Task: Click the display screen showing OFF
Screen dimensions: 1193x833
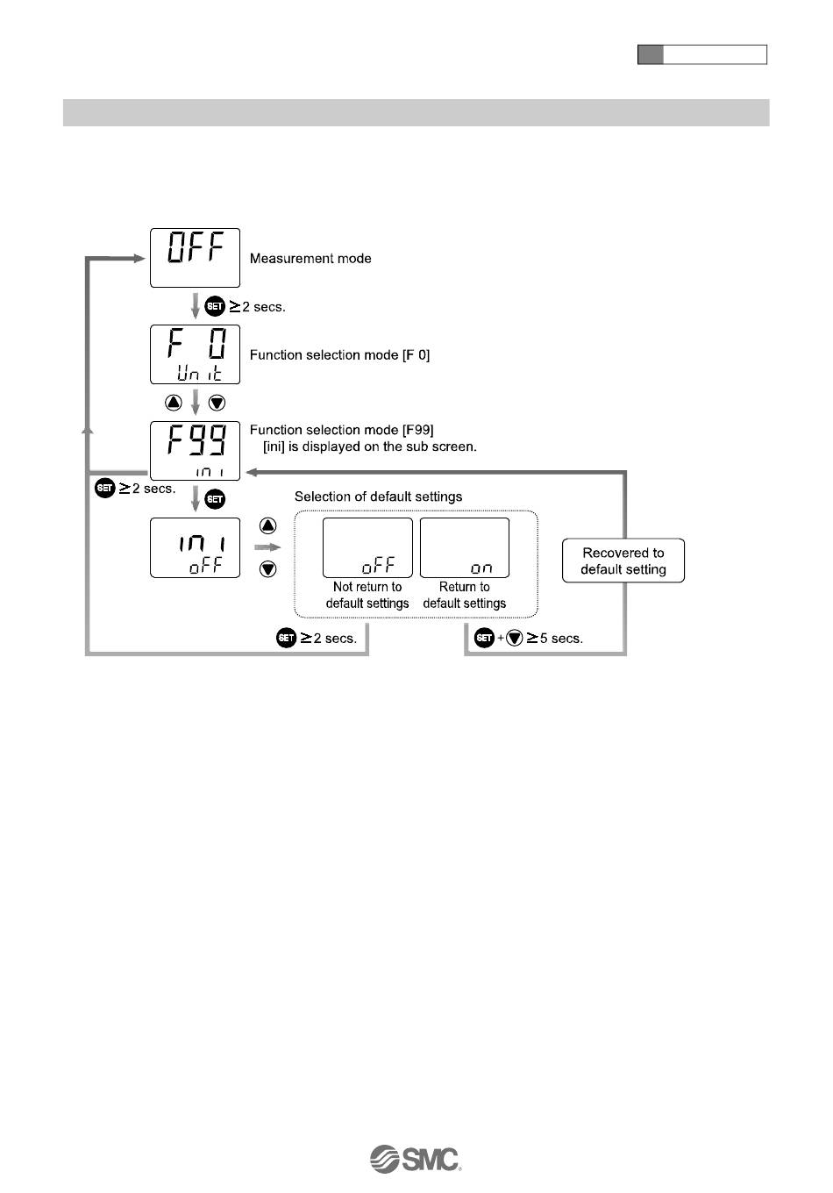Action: tap(195, 258)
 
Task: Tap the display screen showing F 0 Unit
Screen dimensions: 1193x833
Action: tap(195, 354)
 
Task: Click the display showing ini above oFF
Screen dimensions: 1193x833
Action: tap(195, 547)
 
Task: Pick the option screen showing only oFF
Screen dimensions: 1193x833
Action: tap(367, 547)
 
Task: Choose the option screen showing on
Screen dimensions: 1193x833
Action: tap(465, 547)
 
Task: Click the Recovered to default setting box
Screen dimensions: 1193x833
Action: tap(623, 561)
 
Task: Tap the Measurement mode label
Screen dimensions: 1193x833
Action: tap(310, 259)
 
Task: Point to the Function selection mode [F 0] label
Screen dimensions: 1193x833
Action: tap(339, 355)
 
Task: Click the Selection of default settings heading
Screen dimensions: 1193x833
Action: tap(378, 496)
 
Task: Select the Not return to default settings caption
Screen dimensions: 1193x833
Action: tap(367, 596)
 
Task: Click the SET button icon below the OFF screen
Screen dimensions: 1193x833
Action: tap(215, 307)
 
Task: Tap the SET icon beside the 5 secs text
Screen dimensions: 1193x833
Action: tap(484, 638)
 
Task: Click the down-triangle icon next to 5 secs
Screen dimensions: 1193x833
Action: tap(515, 638)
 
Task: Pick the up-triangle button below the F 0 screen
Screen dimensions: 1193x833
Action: tap(174, 403)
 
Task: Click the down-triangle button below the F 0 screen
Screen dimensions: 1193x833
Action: tap(217, 403)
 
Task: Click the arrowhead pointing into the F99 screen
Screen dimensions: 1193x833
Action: tap(249, 472)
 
